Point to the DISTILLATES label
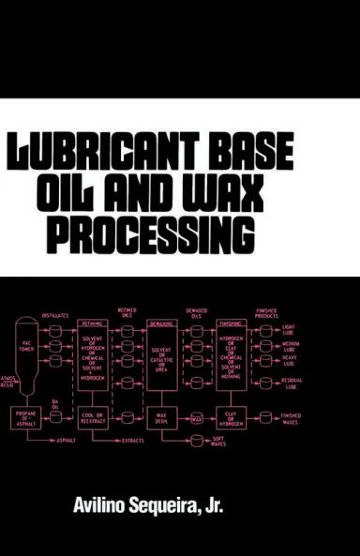(55, 316)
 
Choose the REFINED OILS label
(127, 312)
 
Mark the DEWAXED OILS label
(196, 312)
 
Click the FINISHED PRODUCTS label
(266, 312)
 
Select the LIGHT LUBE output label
(291, 331)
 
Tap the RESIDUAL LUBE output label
(292, 384)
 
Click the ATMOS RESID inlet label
(8, 382)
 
